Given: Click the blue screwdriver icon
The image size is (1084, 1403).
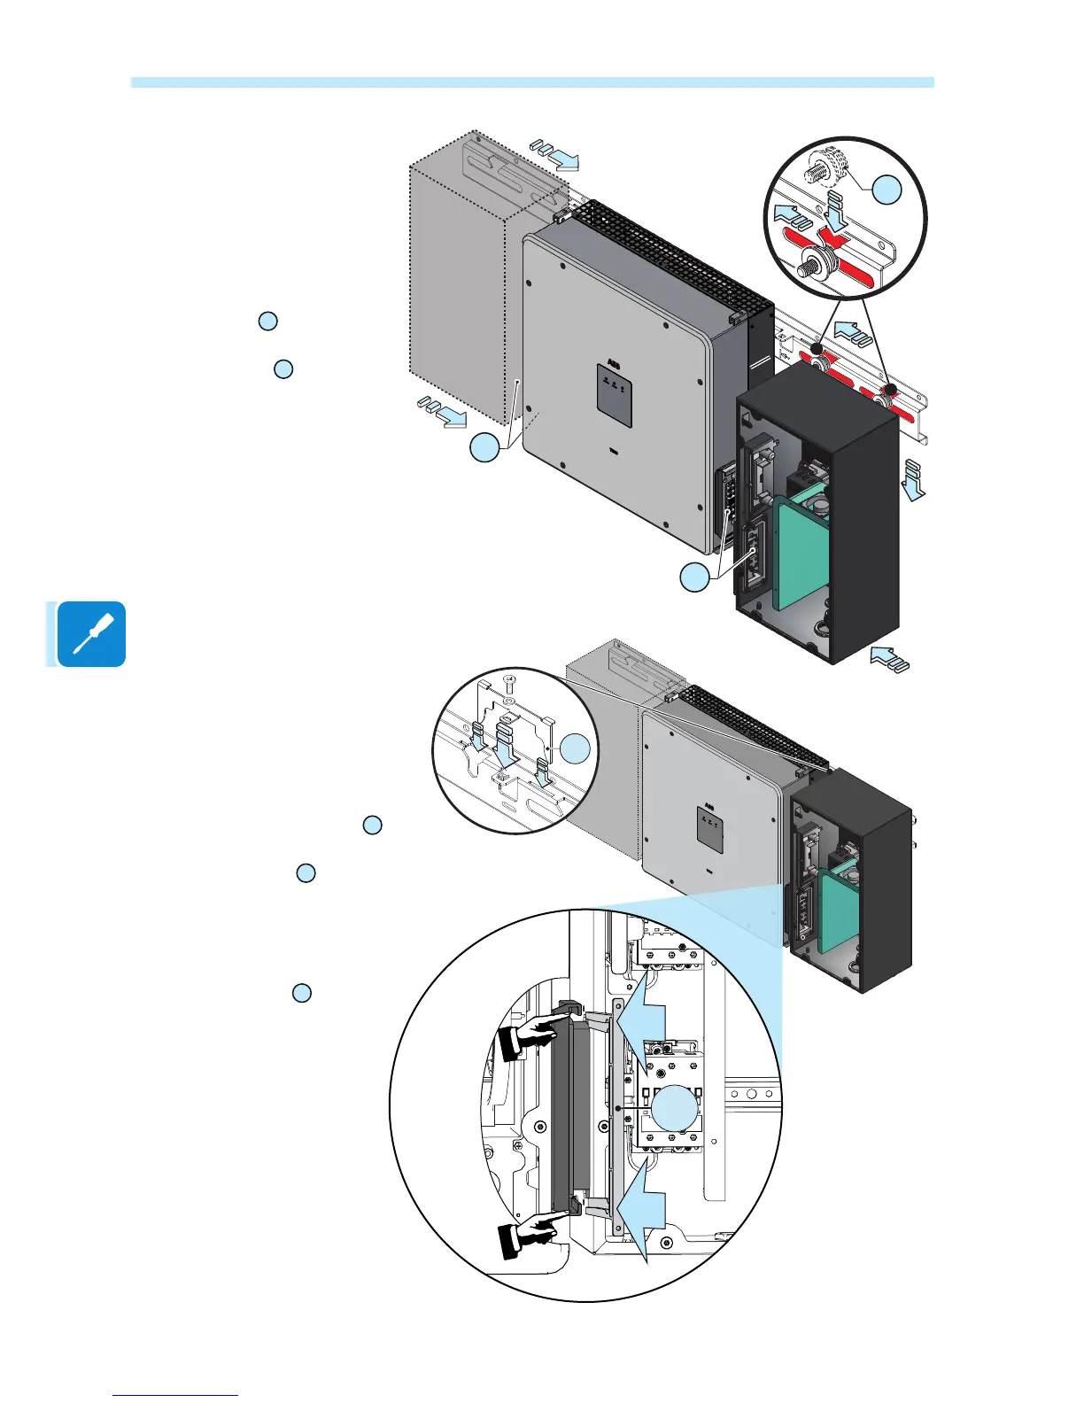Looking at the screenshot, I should [x=91, y=634].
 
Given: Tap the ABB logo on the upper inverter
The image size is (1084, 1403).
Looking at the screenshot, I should [x=614, y=364].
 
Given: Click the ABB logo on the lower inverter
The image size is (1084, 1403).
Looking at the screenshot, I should [x=709, y=807].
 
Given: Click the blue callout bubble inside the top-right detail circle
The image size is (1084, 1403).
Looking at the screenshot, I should [x=887, y=190].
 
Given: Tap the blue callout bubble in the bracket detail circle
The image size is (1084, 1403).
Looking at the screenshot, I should [x=577, y=749].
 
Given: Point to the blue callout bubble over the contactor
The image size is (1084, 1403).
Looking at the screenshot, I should [x=674, y=1108].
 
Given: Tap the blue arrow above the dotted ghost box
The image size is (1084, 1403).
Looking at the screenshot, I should [x=556, y=154].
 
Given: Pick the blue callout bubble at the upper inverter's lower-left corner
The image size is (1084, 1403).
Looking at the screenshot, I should [x=484, y=448].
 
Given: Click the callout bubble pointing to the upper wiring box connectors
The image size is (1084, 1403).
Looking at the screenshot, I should [x=695, y=577].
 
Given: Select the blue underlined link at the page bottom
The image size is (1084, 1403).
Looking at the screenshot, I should [x=175, y=1396].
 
